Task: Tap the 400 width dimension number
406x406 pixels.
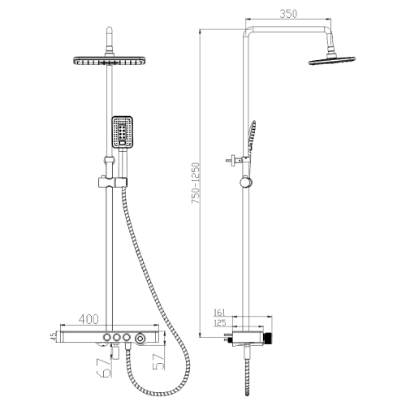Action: pos(89,320)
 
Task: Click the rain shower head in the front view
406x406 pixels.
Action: pos(106,62)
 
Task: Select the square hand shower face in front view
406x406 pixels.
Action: pos(123,131)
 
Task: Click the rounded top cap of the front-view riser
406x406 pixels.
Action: pos(106,34)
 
